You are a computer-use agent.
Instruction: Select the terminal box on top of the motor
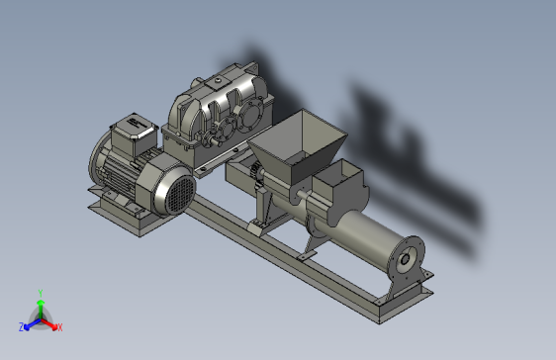[x=134, y=134]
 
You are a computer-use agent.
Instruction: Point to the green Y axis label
[x=41, y=293]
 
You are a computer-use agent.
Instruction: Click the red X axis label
[x=59, y=327]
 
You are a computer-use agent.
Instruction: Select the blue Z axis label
[x=22, y=326]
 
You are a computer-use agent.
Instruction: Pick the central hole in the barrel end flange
[x=405, y=260]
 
